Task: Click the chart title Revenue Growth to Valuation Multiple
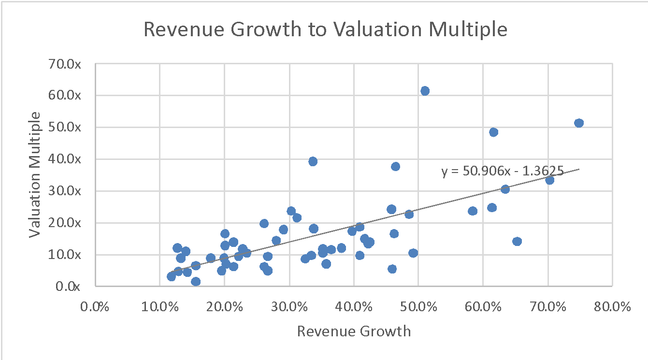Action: coord(325,29)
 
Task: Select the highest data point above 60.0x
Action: coord(425,91)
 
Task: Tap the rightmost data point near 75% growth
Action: coord(579,123)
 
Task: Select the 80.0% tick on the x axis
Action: coord(612,307)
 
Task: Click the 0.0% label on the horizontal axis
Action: coord(95,307)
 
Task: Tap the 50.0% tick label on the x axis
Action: coord(418,307)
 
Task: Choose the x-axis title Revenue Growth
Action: coord(354,331)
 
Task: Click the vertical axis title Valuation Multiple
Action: coord(34,174)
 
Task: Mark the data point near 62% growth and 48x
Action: coord(493,132)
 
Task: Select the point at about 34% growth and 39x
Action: coord(313,161)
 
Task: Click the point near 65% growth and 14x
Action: coord(517,241)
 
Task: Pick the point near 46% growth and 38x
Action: coord(395,166)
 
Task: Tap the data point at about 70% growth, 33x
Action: coord(549,180)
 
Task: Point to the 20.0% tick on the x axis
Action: coord(225,307)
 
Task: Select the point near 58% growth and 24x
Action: coord(473,211)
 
